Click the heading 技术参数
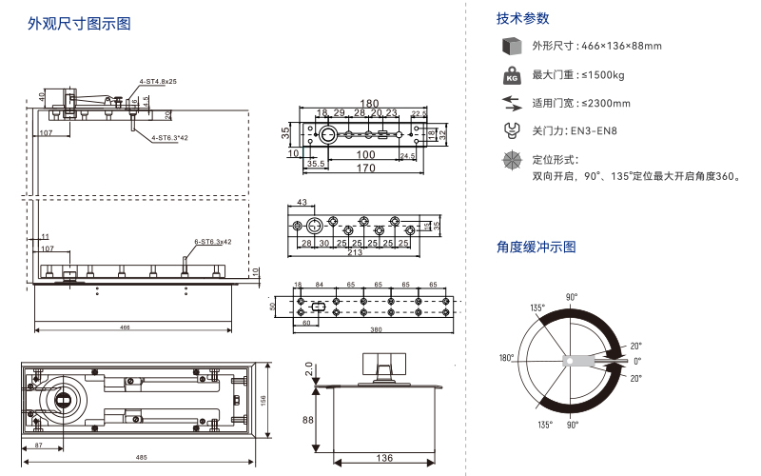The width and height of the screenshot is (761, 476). (522, 19)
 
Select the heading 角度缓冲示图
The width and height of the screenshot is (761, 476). (536, 248)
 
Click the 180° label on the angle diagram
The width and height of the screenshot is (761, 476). (507, 358)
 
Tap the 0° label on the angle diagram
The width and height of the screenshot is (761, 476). (637, 362)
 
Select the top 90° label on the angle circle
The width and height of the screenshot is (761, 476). (572, 297)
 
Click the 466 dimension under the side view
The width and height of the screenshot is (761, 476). (125, 327)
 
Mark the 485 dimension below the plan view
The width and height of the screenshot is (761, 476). (141, 459)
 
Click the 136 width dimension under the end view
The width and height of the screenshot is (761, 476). (382, 459)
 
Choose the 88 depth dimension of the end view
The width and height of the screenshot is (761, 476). (308, 420)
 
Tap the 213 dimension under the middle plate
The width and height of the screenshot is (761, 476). (354, 253)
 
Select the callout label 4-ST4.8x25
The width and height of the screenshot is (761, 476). (158, 82)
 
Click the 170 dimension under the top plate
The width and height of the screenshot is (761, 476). (363, 169)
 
